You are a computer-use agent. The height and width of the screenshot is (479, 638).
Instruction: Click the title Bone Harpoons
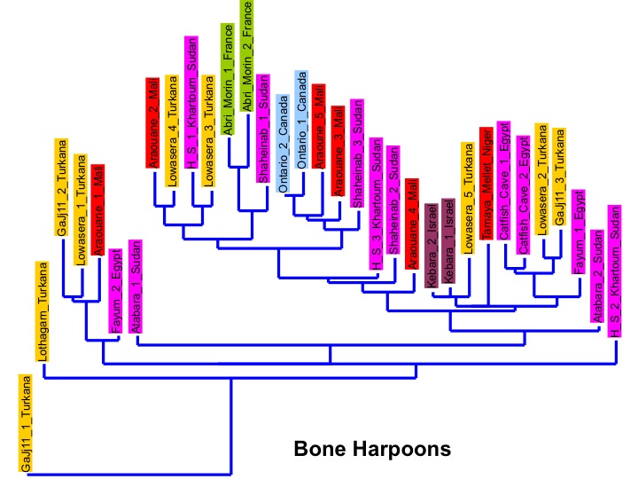coord(372,448)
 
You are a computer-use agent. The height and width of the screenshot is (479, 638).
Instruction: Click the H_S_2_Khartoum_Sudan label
coord(614,274)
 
